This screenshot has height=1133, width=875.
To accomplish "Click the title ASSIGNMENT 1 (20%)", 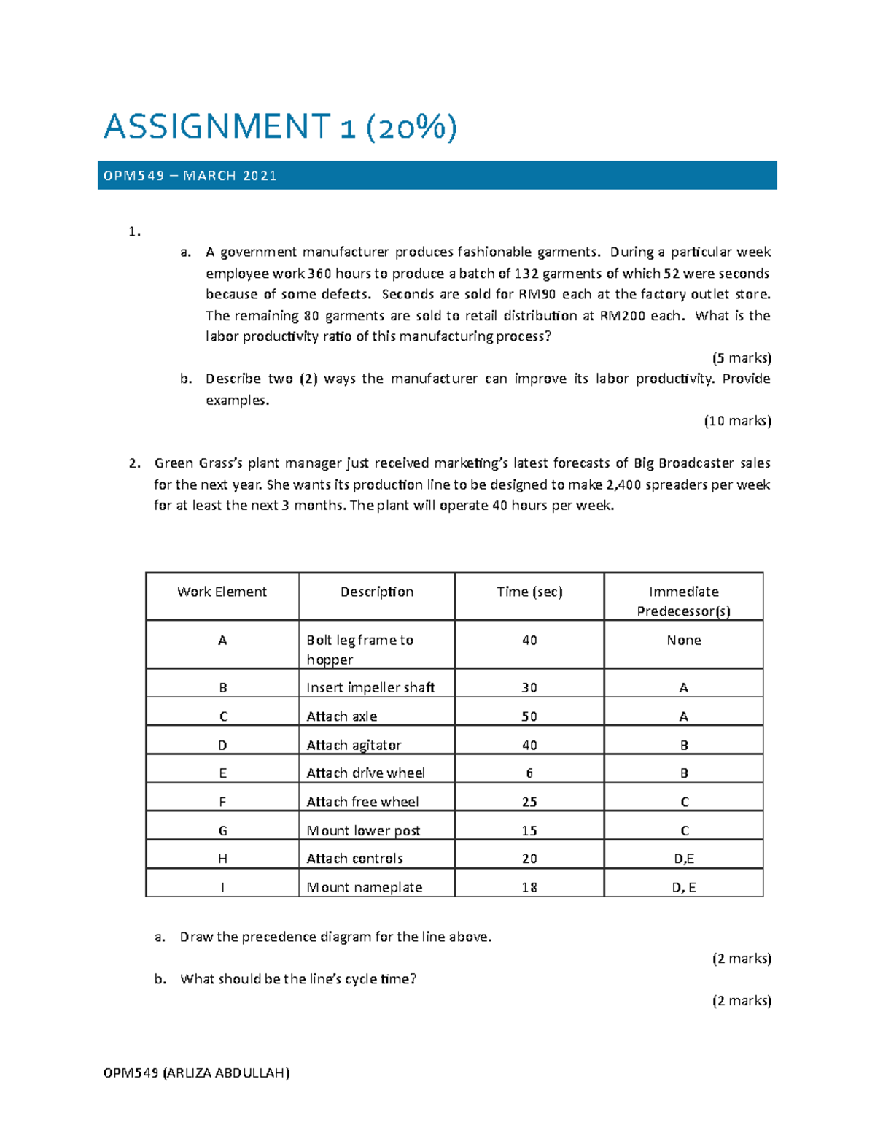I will tap(281, 127).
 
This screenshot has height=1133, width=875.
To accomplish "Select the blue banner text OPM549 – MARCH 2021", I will tap(190, 176).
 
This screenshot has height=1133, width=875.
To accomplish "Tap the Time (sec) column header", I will tap(529, 592).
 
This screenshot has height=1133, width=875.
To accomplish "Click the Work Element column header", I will tap(222, 592).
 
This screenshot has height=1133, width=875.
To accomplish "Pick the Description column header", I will tap(376, 592).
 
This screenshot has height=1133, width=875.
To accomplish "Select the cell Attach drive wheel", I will tap(365, 773).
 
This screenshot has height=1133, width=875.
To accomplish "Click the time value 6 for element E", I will tap(529, 773).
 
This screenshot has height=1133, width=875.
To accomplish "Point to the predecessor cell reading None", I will tap(683, 640).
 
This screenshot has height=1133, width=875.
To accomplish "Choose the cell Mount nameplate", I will tap(365, 887).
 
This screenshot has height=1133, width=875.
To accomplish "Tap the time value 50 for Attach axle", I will tap(529, 716).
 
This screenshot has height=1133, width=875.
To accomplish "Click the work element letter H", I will tap(222, 859).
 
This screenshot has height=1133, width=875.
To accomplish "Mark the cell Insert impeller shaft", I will tap(370, 687).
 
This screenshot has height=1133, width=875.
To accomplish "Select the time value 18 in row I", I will tap(529, 887).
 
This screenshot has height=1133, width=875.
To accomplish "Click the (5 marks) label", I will tap(742, 357).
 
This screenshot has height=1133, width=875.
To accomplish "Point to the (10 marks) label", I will tap(737, 420).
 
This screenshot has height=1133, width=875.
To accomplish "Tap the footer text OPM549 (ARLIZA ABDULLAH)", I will tap(197, 1072).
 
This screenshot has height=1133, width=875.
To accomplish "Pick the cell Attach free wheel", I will tap(362, 802).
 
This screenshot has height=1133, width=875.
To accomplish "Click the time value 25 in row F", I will tap(529, 802).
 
